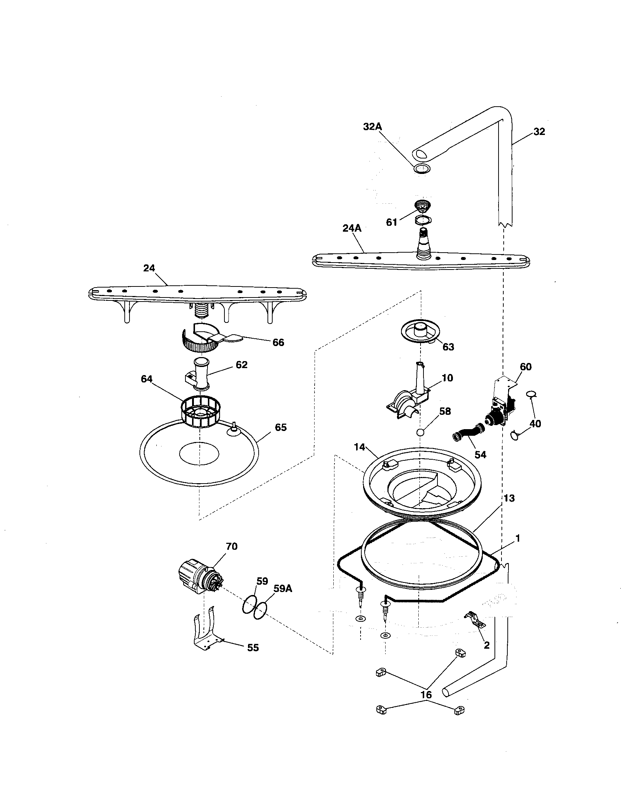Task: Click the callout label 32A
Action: click(x=372, y=127)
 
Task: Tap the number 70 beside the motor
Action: click(x=231, y=546)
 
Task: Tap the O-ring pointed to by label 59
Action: click(x=249, y=604)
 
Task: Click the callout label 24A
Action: click(x=352, y=228)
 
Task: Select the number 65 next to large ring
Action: click(x=280, y=427)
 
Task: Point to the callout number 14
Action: click(x=359, y=447)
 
